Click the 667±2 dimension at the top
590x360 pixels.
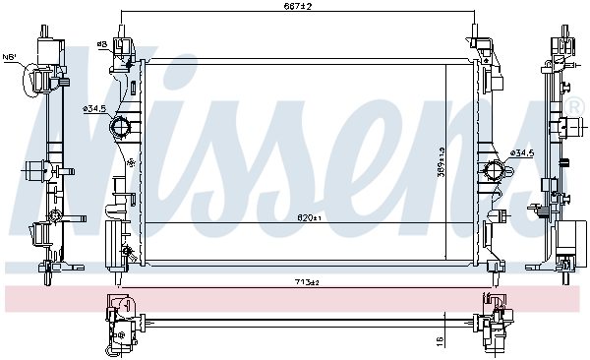click(299, 6)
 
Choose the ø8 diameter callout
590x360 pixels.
click(101, 44)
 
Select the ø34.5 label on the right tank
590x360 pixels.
click(521, 153)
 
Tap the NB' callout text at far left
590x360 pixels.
click(10, 57)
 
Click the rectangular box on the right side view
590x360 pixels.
click(567, 236)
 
